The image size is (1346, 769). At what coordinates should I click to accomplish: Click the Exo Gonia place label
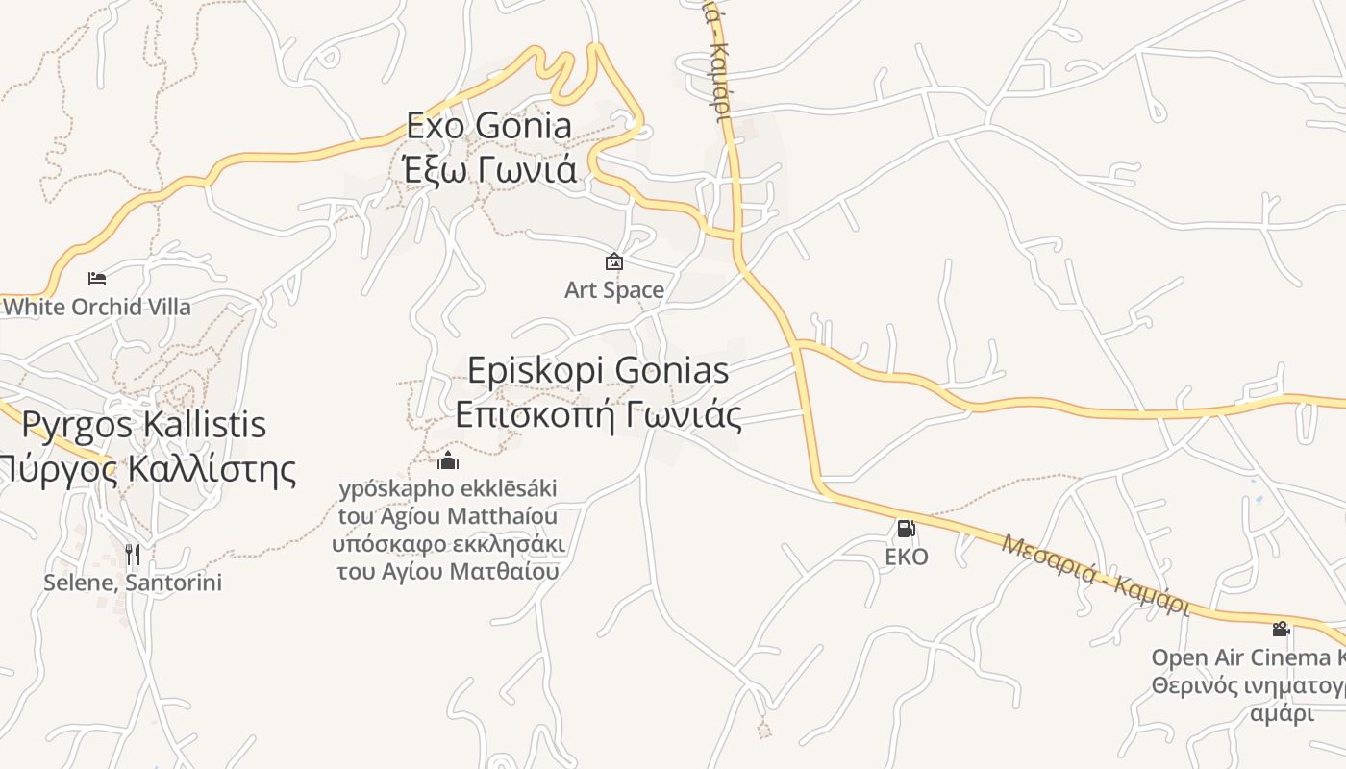[x=488, y=125]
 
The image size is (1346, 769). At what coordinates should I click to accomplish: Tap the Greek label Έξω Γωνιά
[x=490, y=169]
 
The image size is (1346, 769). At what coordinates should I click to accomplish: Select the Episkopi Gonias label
[x=598, y=370]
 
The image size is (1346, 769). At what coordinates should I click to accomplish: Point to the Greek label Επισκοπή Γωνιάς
[x=598, y=415]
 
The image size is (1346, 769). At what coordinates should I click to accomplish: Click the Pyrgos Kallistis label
[x=144, y=424]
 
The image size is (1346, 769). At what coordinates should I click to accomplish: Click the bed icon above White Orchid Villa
[x=97, y=279]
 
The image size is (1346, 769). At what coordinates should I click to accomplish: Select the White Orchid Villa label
[x=97, y=307]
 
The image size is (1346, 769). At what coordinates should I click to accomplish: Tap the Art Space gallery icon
[x=613, y=261]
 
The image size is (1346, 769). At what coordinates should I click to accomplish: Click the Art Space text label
[x=613, y=289]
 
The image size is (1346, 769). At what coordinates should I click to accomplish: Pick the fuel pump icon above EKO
[x=906, y=529]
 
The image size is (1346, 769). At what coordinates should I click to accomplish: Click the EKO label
[x=906, y=557]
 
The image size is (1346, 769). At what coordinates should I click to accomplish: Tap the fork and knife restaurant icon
[x=133, y=555]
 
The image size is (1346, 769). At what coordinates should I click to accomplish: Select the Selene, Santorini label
[x=133, y=583]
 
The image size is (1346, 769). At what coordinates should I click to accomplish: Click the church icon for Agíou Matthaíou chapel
[x=448, y=460]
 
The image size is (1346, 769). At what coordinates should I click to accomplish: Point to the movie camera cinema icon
[x=1281, y=630]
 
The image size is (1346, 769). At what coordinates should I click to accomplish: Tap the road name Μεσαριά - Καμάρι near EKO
[x=1095, y=575]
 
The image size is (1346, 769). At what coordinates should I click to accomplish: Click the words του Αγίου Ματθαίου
[x=448, y=571]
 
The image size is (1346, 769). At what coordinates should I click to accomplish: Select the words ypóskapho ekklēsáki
[x=448, y=488]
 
